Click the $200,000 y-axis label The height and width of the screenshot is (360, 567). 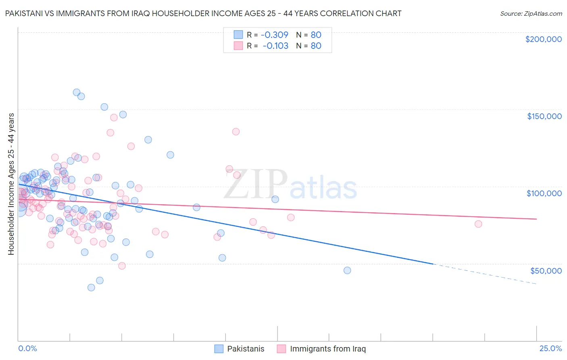(x=543, y=39)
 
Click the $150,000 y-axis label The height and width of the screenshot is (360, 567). (x=544, y=116)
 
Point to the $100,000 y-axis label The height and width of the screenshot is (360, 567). (x=544, y=193)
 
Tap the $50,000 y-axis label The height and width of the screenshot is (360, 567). (x=546, y=270)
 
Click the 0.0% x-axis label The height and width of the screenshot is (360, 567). (x=27, y=348)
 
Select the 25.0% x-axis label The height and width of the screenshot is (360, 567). (x=550, y=348)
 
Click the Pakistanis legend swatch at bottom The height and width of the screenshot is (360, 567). (x=219, y=349)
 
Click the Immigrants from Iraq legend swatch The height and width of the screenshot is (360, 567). (x=281, y=349)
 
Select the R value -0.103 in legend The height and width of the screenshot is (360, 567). (x=275, y=46)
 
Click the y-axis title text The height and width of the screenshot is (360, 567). (x=11, y=184)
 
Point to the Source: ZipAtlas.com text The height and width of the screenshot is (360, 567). (x=531, y=13)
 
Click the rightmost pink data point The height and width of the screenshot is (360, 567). (x=478, y=224)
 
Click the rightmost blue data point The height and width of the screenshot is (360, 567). (x=347, y=270)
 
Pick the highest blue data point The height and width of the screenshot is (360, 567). (x=76, y=92)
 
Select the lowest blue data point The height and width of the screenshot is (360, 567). (x=91, y=287)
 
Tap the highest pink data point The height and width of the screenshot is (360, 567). (x=114, y=117)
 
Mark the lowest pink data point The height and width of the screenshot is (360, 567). (x=122, y=266)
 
